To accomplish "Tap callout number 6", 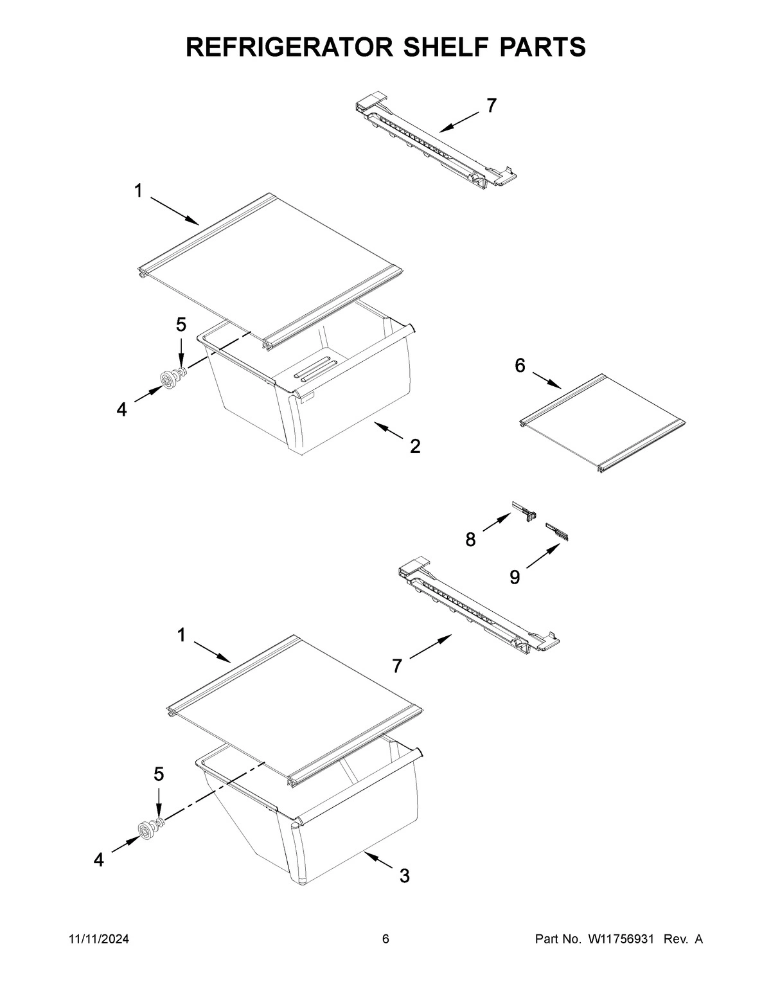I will [x=520, y=366].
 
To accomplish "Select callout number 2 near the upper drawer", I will [x=415, y=446].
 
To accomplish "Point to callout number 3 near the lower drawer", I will [x=404, y=875].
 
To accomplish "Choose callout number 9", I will [x=515, y=577].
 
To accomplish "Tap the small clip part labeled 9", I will [x=557, y=530].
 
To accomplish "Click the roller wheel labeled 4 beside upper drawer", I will [x=169, y=381].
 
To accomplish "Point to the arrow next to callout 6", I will [x=547, y=380].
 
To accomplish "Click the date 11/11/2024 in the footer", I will [x=98, y=940].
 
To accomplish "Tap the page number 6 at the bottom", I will [x=385, y=940].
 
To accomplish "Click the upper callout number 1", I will [x=138, y=190].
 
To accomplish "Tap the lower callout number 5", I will [x=158, y=774].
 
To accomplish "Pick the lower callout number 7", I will [x=397, y=666].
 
